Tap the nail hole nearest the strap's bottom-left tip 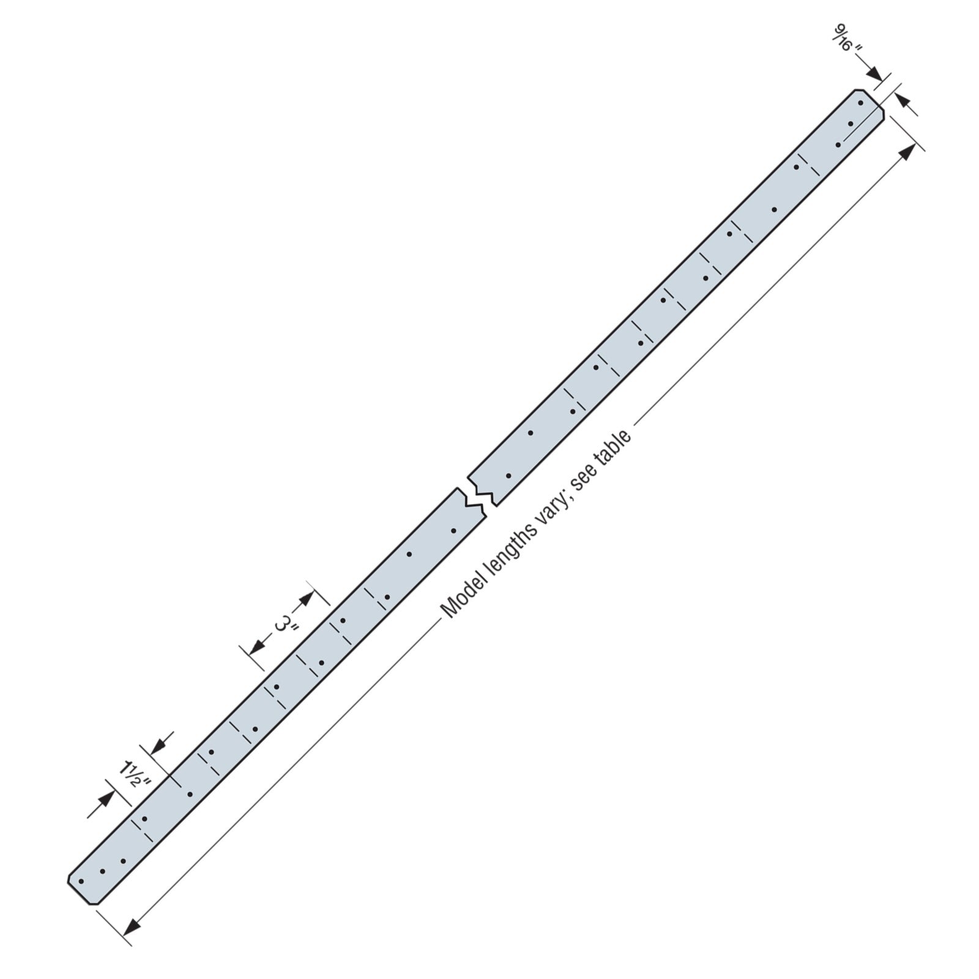pyautogui.click(x=81, y=881)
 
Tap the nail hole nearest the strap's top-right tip pyautogui.click(x=860, y=103)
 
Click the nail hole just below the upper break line pyautogui.click(x=508, y=475)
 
